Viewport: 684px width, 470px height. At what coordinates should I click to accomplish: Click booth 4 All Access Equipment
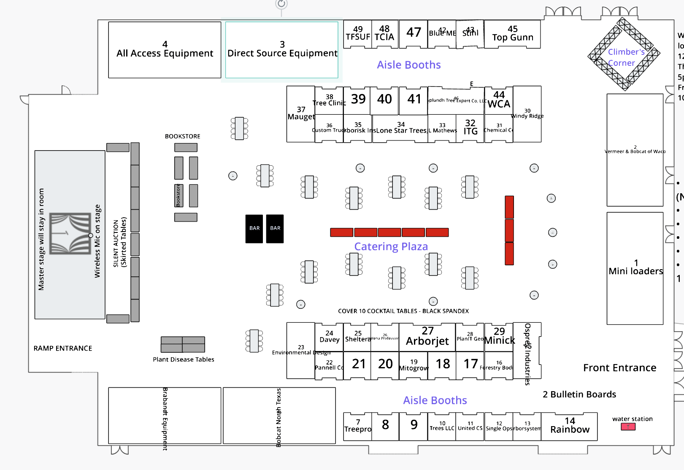click(165, 50)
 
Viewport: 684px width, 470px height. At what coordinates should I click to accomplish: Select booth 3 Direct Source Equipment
click(282, 50)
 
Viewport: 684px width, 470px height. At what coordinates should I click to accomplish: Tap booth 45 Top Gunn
click(512, 34)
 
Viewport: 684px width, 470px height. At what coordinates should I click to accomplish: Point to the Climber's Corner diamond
click(624, 54)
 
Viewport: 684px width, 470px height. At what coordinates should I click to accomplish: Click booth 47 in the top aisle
click(414, 33)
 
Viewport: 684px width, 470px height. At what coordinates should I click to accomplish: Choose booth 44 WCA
click(499, 100)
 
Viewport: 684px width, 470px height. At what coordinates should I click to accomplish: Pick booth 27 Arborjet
click(427, 337)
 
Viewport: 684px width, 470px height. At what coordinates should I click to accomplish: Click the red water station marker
click(628, 427)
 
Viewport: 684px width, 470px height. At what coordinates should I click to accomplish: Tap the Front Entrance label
click(619, 368)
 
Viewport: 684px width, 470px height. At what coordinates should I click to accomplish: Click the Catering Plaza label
click(391, 246)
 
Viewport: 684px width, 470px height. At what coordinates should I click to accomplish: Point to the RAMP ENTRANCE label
click(63, 348)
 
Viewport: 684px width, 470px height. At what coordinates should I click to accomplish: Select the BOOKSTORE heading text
click(182, 136)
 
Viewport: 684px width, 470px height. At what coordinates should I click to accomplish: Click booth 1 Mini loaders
click(635, 268)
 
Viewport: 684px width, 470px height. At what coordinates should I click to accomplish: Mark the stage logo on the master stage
click(70, 233)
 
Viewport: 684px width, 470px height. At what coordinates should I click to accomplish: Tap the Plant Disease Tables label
click(184, 359)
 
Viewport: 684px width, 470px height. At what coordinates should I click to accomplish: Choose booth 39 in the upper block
click(358, 100)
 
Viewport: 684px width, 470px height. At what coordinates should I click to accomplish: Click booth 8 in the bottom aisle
click(385, 425)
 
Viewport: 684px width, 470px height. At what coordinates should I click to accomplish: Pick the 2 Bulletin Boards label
click(579, 394)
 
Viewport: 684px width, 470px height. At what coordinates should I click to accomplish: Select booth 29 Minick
click(499, 336)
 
